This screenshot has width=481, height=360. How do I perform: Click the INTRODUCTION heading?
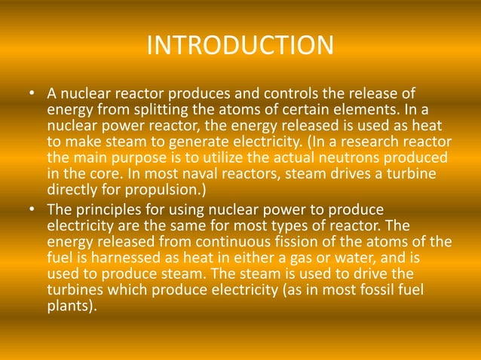pyautogui.click(x=240, y=44)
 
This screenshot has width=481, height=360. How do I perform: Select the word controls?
pyautogui.click(x=286, y=94)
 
